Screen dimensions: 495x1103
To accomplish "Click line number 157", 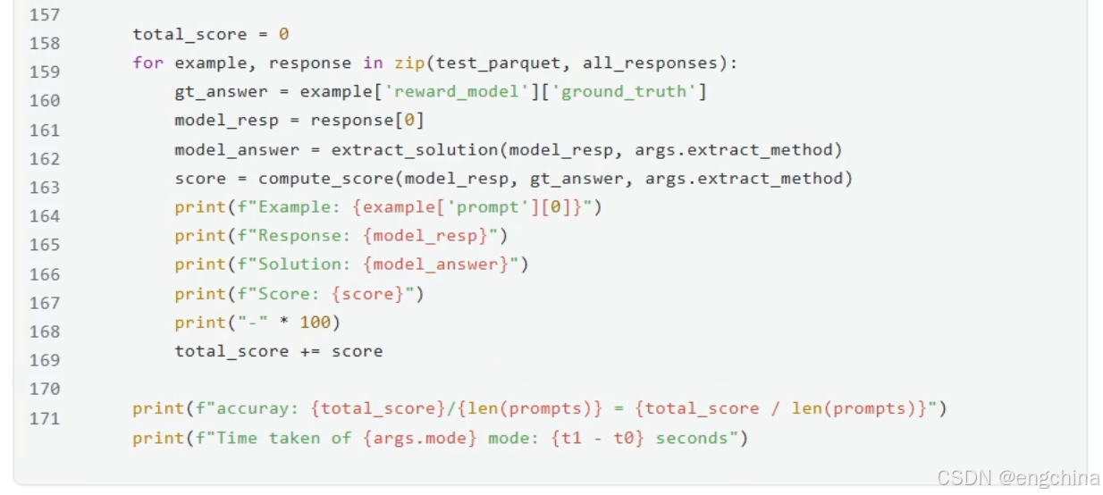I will (45, 14).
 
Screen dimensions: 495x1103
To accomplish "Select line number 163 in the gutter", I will (45, 188).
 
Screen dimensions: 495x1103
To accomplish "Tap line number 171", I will (45, 418).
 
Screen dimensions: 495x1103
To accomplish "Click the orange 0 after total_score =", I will (283, 35).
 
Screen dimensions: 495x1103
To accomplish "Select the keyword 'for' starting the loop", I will (147, 63).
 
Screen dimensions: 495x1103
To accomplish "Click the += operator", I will (310, 351).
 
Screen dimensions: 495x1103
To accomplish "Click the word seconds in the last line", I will (695, 438).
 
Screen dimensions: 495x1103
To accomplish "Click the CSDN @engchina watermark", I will (1018, 478).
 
